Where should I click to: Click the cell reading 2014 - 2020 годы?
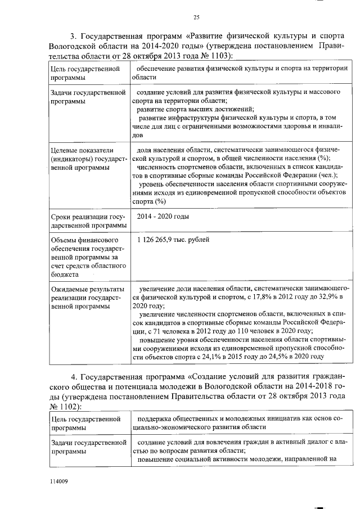(163, 217)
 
